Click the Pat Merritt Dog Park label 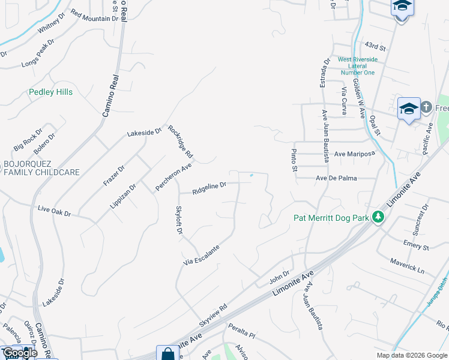pos(331,218)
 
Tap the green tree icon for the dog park pos(378,217)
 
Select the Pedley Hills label pos(51,92)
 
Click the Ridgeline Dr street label pos(209,189)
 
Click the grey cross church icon pos(426,107)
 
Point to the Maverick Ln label pos(407,266)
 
